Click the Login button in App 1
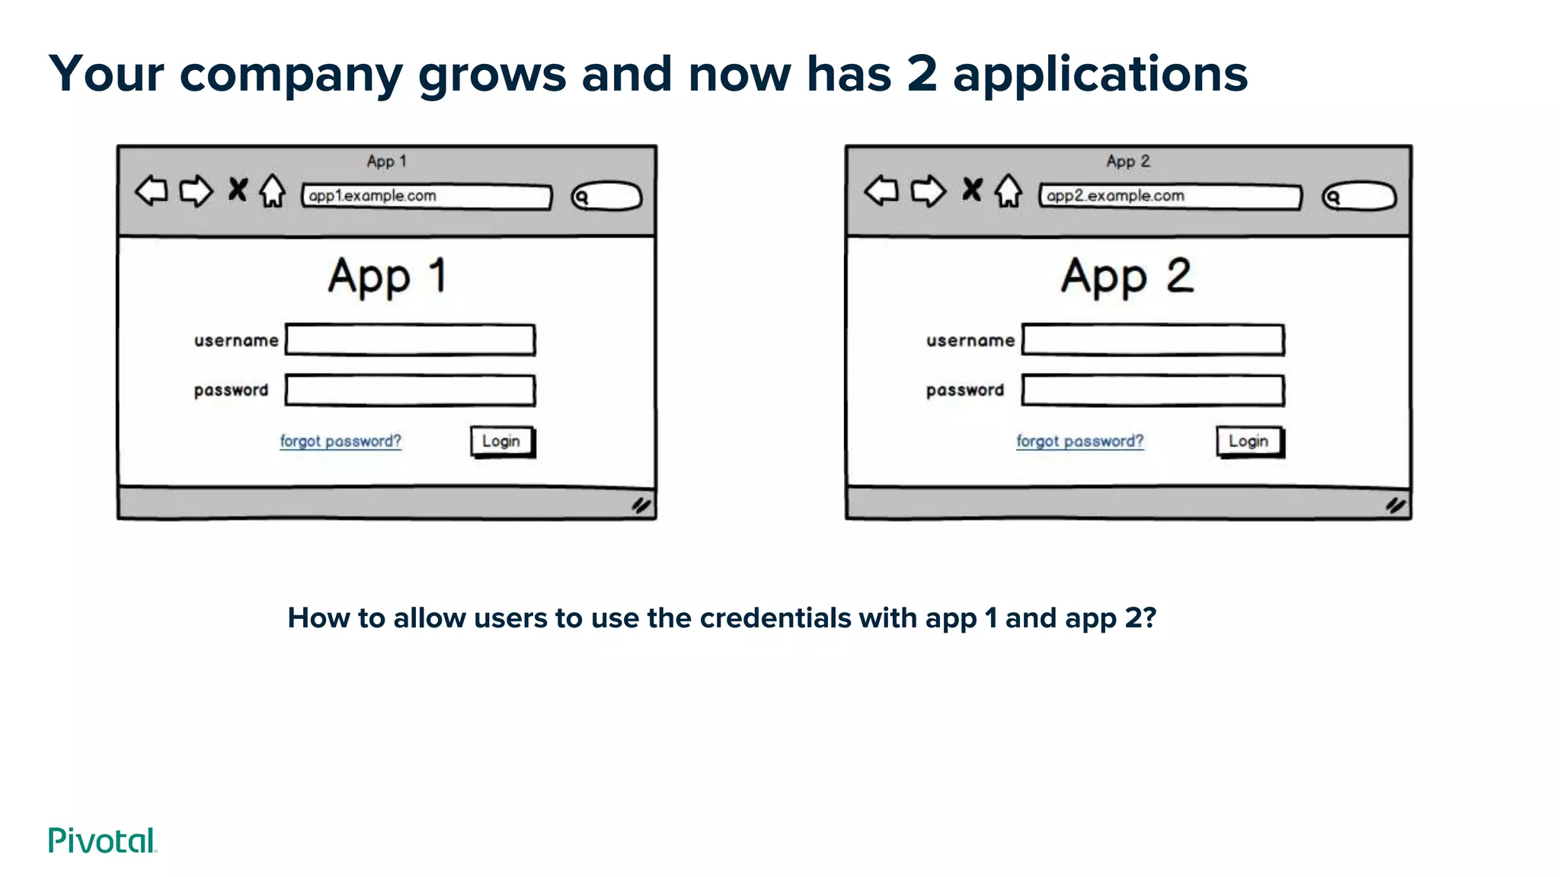pos(501,442)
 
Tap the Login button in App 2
pos(1248,442)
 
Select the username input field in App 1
pos(410,340)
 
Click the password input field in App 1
pos(410,390)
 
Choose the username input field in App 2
pos(1152,340)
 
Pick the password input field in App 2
pos(1152,390)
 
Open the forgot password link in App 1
pos(340,442)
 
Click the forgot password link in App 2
pos(1079,442)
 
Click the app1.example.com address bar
pos(427,196)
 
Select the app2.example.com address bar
pos(1171,196)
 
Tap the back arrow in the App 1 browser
pos(152,190)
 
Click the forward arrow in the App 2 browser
pos(928,190)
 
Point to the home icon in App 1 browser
pos(272,191)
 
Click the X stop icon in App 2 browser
pos(972,189)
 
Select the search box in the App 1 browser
pos(607,196)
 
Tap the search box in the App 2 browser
pos(1359,196)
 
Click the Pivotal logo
pos(102,840)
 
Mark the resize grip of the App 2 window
pos(1395,505)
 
